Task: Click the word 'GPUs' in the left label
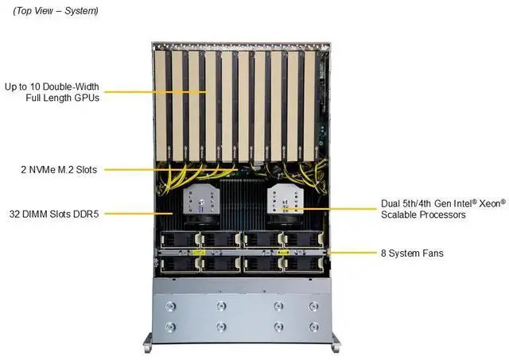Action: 84,98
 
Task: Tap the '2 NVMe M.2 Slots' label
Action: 54,169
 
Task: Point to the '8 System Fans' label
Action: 411,254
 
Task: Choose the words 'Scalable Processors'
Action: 426,215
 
